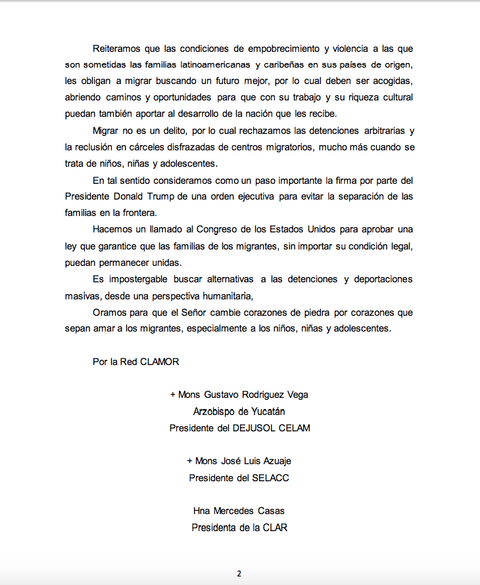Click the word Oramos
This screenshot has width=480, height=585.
coord(110,312)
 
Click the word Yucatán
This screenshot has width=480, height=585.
coord(266,411)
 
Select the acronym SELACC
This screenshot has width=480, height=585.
coord(270,477)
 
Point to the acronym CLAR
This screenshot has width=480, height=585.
coord(275,527)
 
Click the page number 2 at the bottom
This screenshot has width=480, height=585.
coord(239,573)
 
